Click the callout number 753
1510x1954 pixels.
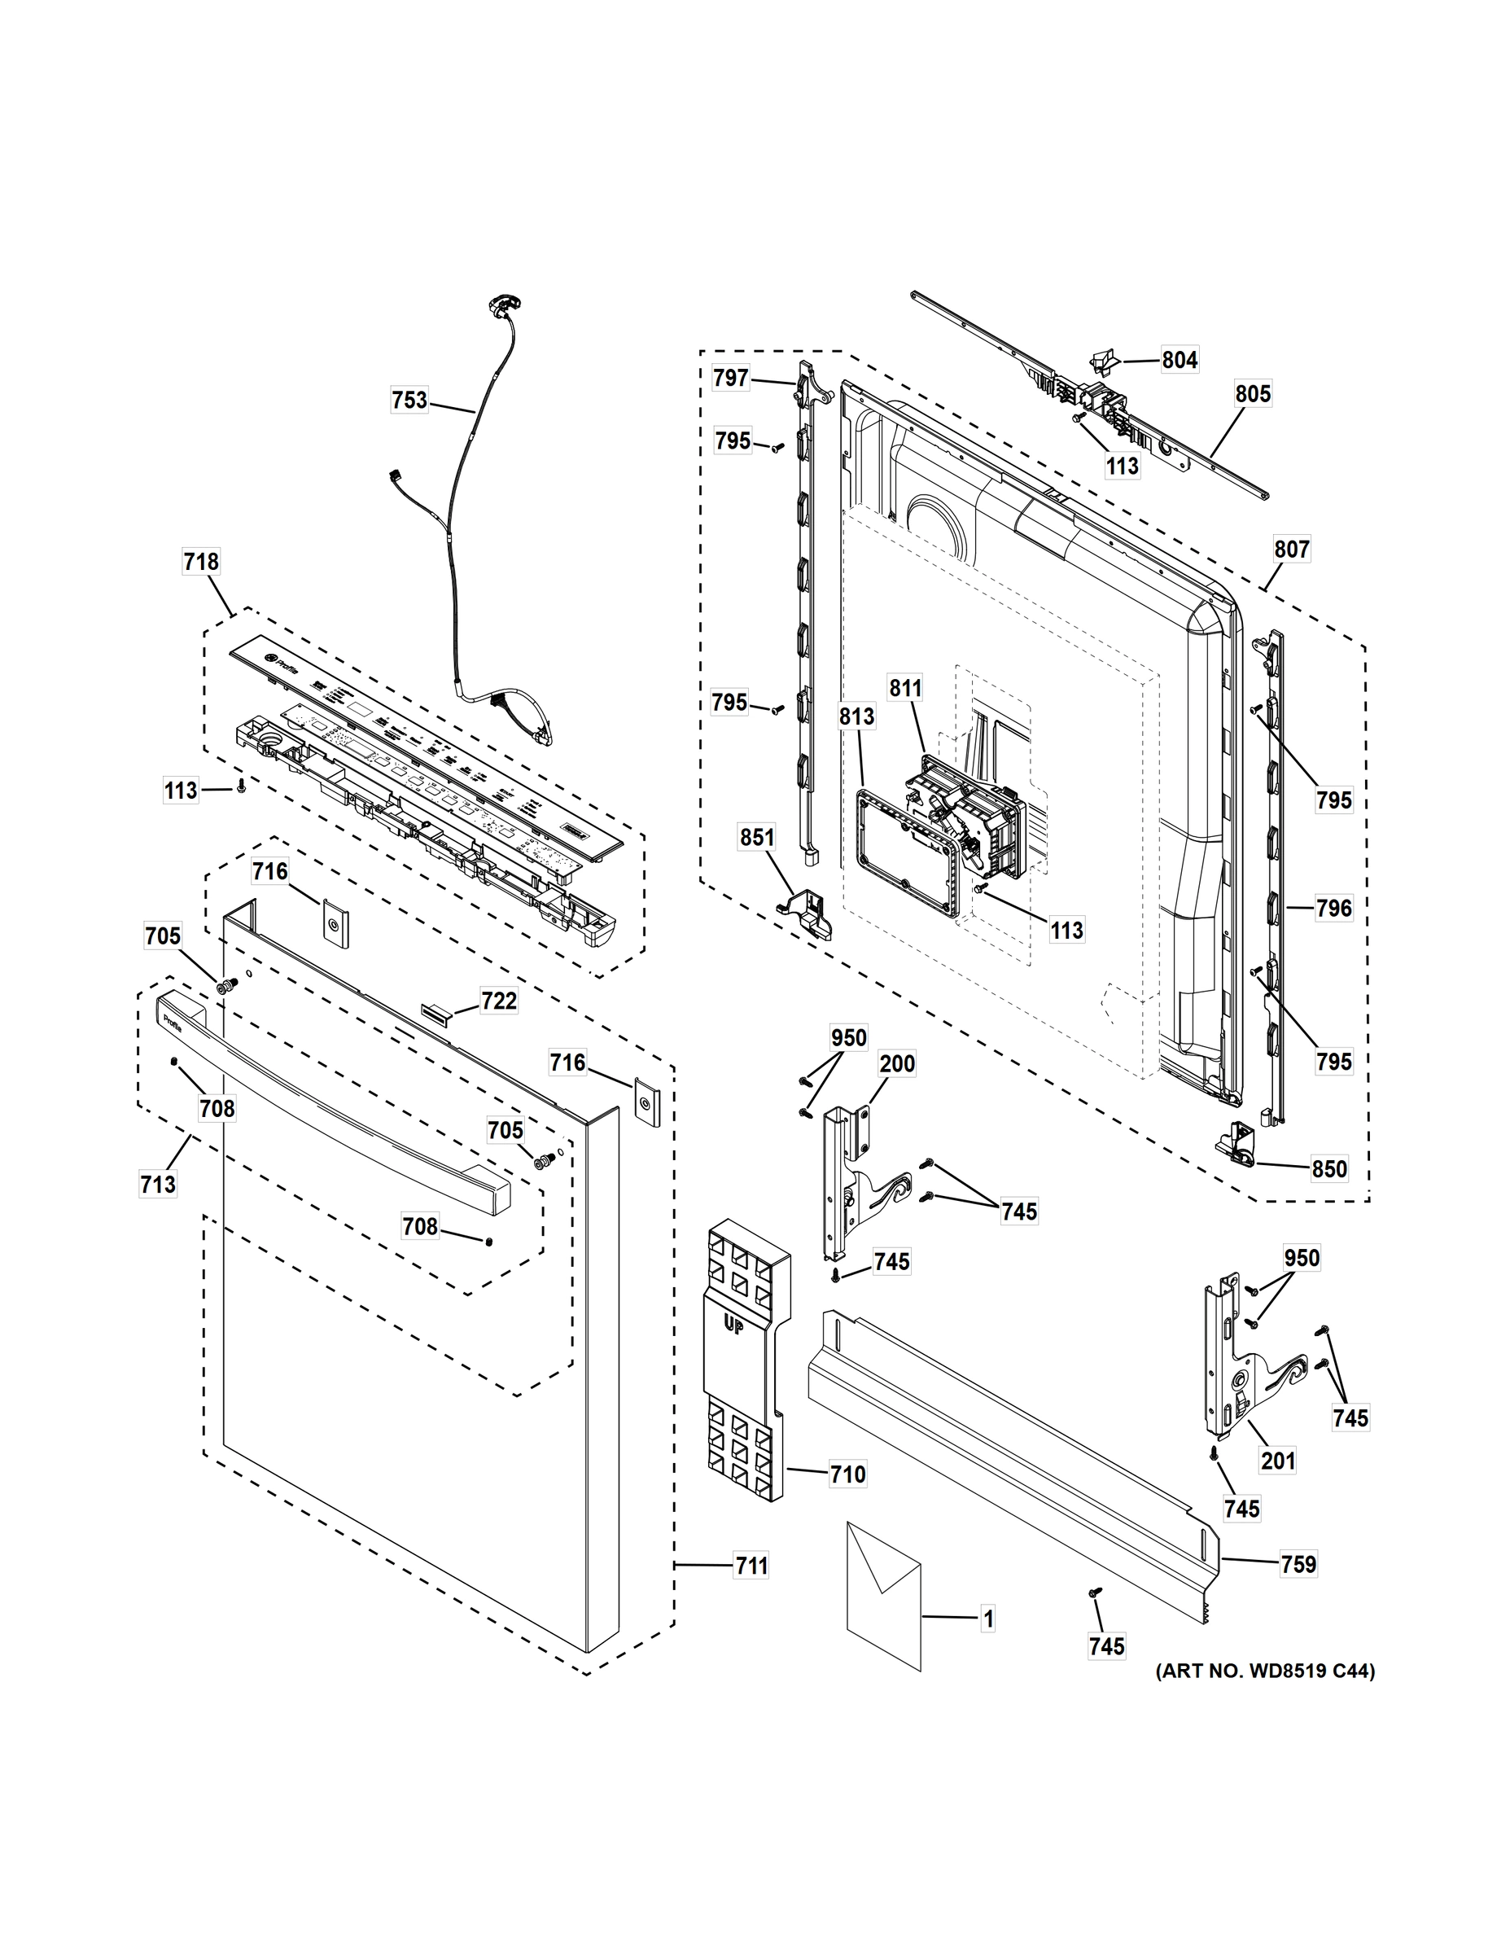[409, 399]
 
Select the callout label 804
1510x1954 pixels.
[1179, 360]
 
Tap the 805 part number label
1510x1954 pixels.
[1253, 394]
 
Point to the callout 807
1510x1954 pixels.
[1292, 550]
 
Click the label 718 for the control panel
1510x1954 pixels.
[200, 562]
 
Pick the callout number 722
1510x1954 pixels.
[498, 1001]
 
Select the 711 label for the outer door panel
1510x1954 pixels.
[751, 1566]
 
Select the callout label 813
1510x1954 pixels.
[856, 716]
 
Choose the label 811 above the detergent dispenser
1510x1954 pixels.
[904, 688]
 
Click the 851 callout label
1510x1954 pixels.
[757, 838]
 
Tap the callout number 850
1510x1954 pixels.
[1328, 1168]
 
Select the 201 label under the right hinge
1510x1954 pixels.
[1277, 1460]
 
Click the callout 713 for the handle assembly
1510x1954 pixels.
[157, 1185]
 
